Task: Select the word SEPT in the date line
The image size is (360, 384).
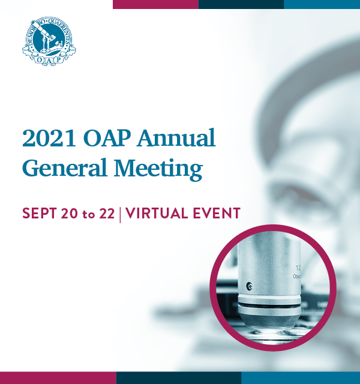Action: [x=40, y=214]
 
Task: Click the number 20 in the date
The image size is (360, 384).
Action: [x=70, y=214]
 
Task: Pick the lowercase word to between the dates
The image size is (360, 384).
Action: [x=89, y=214]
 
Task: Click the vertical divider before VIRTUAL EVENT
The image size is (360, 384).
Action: [x=120, y=214]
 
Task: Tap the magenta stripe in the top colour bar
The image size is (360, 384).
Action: [x=155, y=4]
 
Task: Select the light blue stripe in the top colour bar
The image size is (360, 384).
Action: [x=322, y=4]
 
